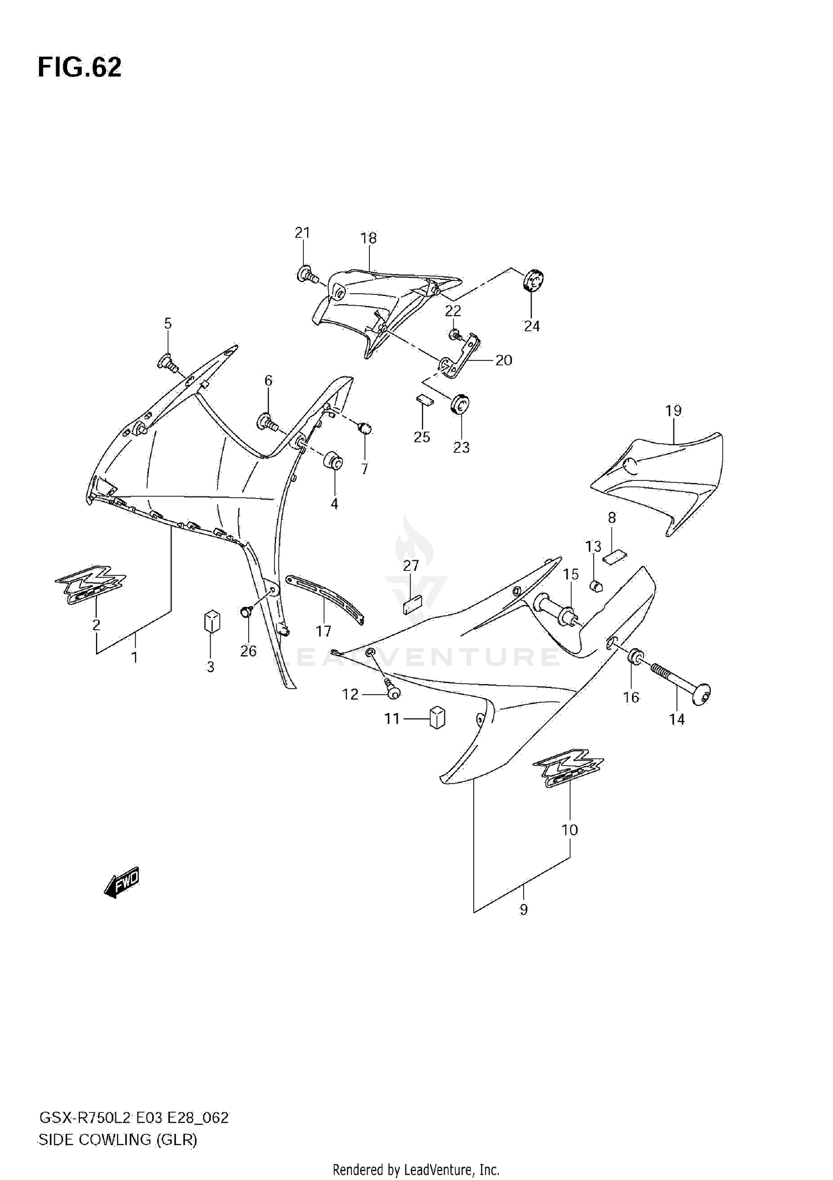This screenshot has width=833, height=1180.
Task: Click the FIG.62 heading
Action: (x=79, y=68)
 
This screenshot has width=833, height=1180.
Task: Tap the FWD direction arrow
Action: (x=122, y=882)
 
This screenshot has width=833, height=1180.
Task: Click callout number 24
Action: (x=531, y=326)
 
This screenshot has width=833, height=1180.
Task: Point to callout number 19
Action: (x=673, y=411)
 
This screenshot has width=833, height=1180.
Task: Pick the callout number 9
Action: (x=523, y=910)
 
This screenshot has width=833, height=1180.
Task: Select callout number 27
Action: (x=411, y=566)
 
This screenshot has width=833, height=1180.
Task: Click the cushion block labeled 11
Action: (x=438, y=718)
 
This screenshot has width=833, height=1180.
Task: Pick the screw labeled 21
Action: (x=307, y=275)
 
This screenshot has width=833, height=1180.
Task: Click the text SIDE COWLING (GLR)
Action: (x=118, y=1140)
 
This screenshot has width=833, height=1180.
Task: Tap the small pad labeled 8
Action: (x=614, y=555)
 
